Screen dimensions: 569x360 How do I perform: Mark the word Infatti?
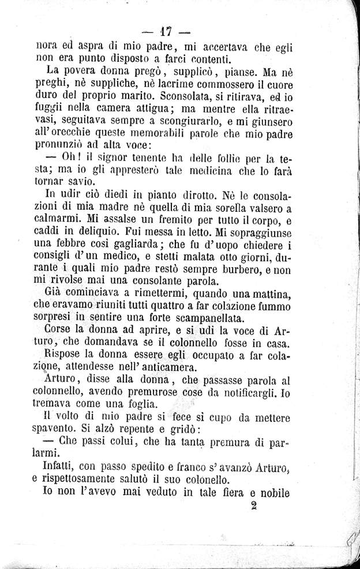point(62,466)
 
